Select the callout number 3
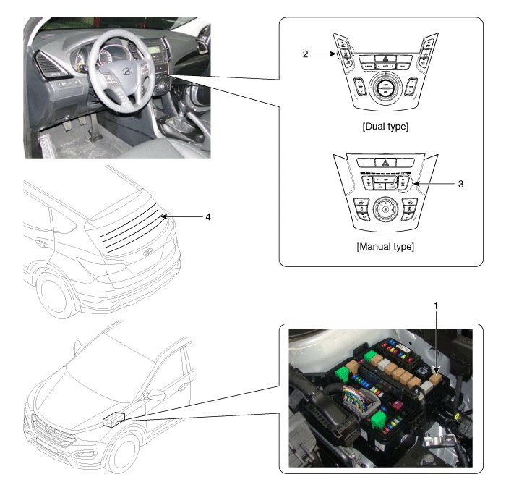click(x=460, y=184)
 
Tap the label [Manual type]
click(x=385, y=246)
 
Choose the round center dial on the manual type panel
click(x=386, y=209)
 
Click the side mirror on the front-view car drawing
click(x=154, y=395)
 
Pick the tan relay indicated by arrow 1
click(x=435, y=374)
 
